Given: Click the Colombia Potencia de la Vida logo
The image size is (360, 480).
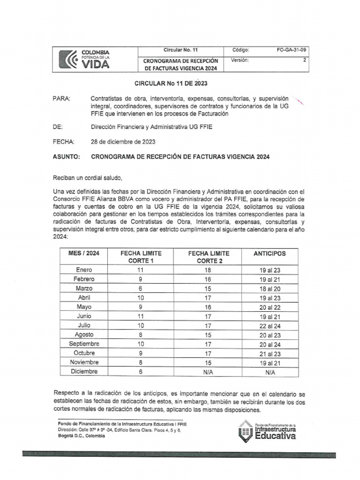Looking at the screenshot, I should tap(85, 59).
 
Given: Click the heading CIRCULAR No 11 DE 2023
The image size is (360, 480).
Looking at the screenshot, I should tap(171, 83).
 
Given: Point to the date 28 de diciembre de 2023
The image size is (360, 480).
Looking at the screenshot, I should tap(122, 141).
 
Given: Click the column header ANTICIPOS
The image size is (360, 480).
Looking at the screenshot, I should tap(270, 254).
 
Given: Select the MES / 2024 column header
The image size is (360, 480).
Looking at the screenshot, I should tap(84, 254).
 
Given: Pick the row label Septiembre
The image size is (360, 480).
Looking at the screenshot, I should tap(84, 344).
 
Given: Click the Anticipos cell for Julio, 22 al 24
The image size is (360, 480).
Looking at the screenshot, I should tap(270, 325).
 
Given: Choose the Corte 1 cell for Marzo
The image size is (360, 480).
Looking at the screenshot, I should tap(140, 288).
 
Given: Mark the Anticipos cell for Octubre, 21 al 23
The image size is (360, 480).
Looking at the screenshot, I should tap(270, 353).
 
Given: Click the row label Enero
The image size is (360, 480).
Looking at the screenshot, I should tap(84, 270).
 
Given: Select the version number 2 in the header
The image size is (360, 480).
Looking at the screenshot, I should tap(305, 60).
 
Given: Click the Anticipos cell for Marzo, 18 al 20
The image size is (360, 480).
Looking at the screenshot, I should tap(270, 288).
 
